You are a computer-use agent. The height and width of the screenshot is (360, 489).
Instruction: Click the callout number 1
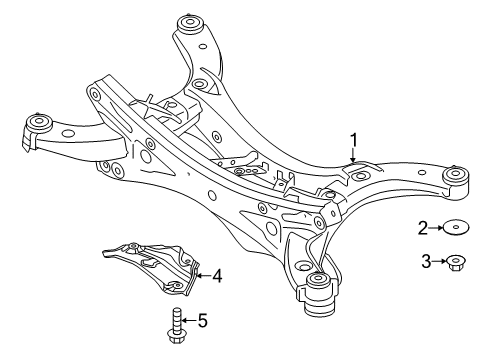pos(353,140)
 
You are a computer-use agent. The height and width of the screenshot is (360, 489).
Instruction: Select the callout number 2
pos(423,228)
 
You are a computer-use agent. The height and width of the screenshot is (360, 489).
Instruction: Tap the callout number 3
pos(426,261)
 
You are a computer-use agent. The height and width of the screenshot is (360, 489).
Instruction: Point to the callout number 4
pos(217,276)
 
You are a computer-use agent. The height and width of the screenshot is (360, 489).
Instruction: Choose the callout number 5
pos(203,321)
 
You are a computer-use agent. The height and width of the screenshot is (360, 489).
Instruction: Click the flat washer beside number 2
pos(456,228)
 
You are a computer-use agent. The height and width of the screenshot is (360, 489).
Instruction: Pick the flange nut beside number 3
pos(456,263)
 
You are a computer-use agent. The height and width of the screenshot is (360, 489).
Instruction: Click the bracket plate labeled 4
pos(151,268)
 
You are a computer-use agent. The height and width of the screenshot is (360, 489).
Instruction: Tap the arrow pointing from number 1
pos(353,156)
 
